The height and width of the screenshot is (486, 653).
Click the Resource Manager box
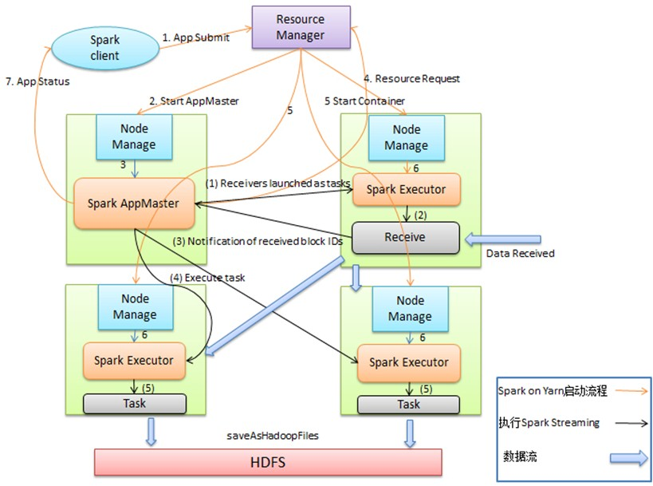(300, 27)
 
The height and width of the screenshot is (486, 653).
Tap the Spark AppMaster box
(135, 203)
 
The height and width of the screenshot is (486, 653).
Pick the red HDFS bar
(268, 462)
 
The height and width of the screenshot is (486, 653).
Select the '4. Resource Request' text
(411, 79)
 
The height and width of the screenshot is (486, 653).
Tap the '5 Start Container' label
(364, 101)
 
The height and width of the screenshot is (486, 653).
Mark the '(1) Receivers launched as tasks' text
(277, 183)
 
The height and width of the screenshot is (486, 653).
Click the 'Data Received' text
(519, 253)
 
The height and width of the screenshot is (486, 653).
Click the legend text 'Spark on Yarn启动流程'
(553, 391)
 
